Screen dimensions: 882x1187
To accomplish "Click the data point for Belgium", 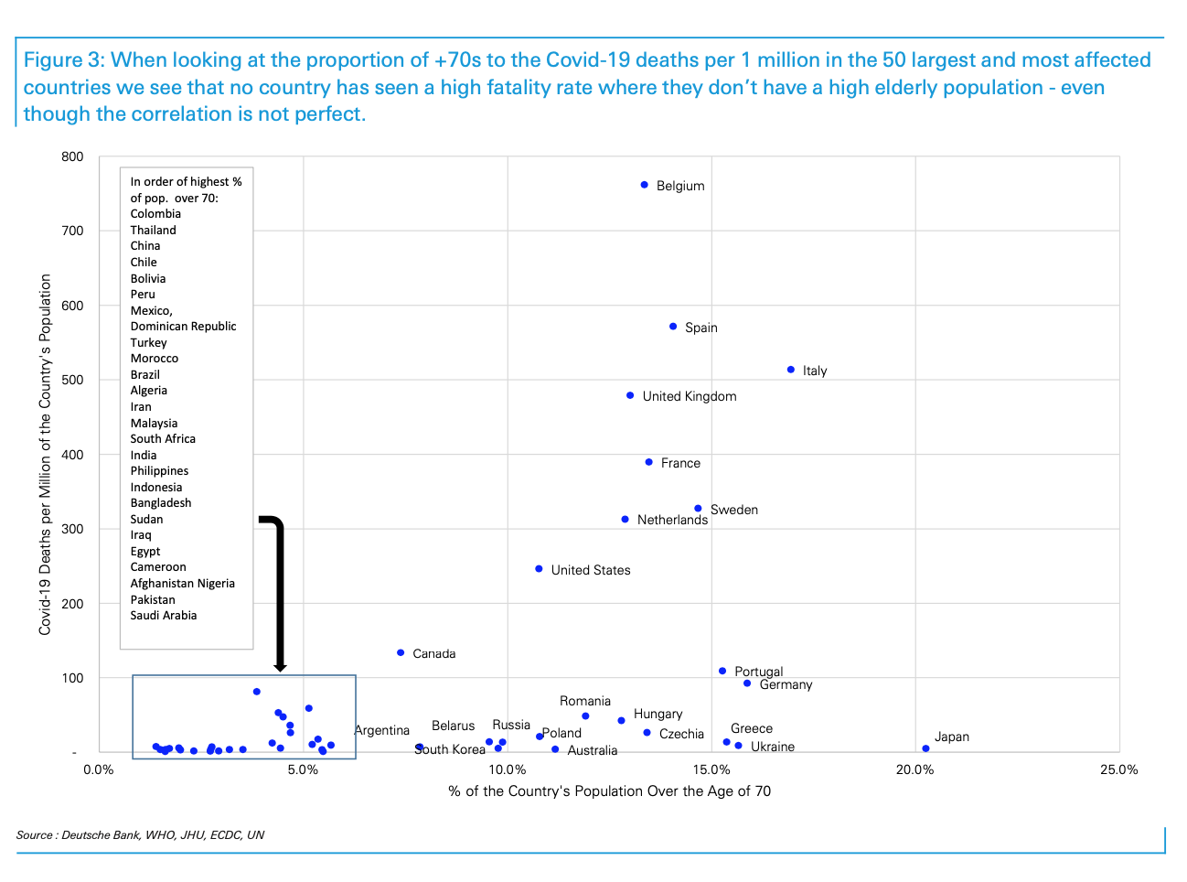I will [x=644, y=185].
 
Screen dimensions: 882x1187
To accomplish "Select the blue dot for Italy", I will [x=791, y=370].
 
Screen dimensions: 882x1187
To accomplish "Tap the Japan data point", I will [x=925, y=748].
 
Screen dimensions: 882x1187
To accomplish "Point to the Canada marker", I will [x=401, y=652].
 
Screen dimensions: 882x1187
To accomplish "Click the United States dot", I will [x=539, y=569].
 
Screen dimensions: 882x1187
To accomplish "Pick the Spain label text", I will [x=700, y=328].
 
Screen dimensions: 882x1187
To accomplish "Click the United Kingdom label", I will [x=689, y=396].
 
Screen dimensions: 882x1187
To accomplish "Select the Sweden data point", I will [x=698, y=509].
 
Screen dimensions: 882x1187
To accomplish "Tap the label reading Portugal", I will [x=758, y=672].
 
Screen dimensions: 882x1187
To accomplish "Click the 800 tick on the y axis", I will [x=73, y=156].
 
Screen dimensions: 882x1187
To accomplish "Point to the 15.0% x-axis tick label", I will [x=711, y=769].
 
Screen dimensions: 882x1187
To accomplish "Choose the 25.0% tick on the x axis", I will [x=1118, y=769].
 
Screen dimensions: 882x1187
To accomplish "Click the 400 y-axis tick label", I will [x=73, y=455].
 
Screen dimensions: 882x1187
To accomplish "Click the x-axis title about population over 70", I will [x=609, y=791].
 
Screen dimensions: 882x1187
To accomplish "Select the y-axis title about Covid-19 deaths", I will [x=45, y=455].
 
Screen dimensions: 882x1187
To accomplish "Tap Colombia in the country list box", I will [x=155, y=214].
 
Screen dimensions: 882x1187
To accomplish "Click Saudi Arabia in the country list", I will [x=163, y=616].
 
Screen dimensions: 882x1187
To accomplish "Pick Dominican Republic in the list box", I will [x=183, y=327].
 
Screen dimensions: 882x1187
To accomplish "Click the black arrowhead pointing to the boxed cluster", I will [x=280, y=667].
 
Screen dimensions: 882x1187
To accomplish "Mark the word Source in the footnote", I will [x=35, y=835].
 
